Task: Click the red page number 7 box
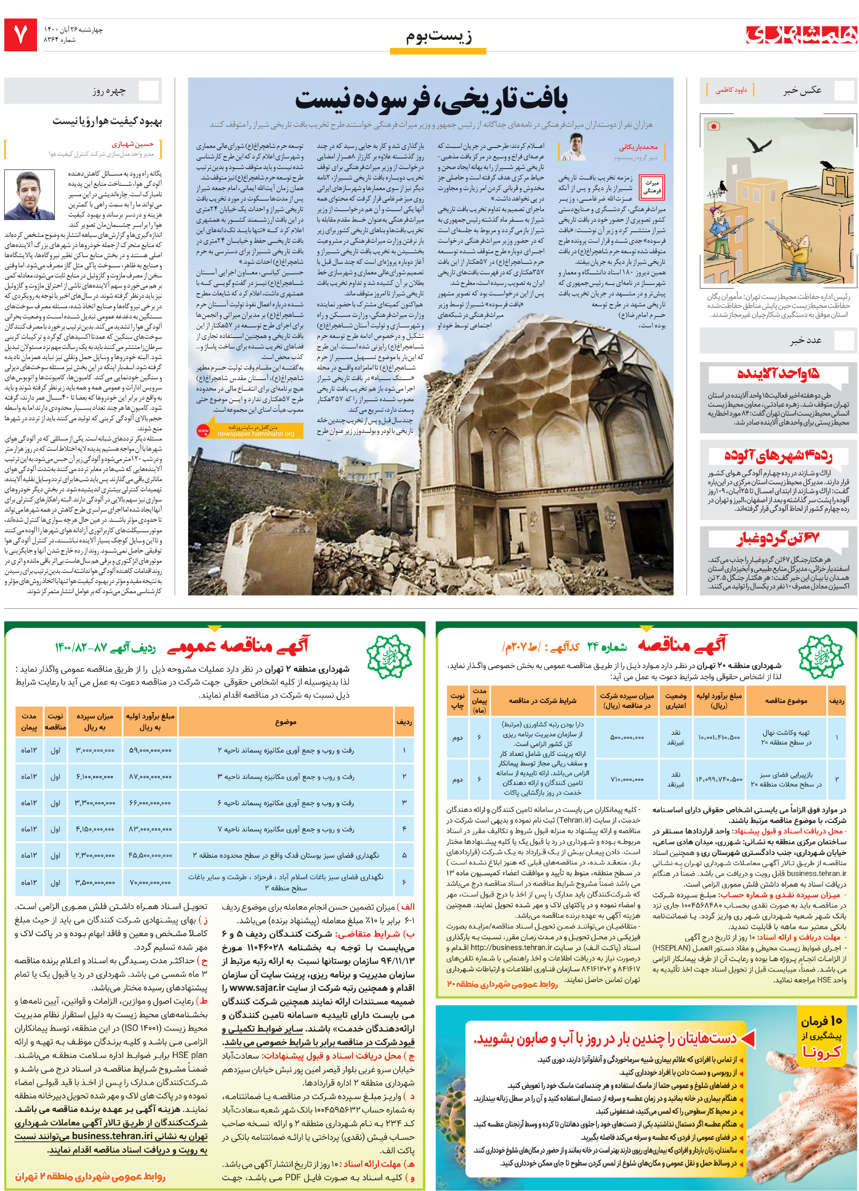(x=20, y=35)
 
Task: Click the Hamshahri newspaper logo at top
(x=801, y=35)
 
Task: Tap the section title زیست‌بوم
(x=438, y=36)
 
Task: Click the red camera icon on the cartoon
(x=713, y=126)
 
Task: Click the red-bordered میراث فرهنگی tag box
(x=652, y=187)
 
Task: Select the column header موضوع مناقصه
(x=786, y=700)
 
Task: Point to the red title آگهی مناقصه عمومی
(x=239, y=646)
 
